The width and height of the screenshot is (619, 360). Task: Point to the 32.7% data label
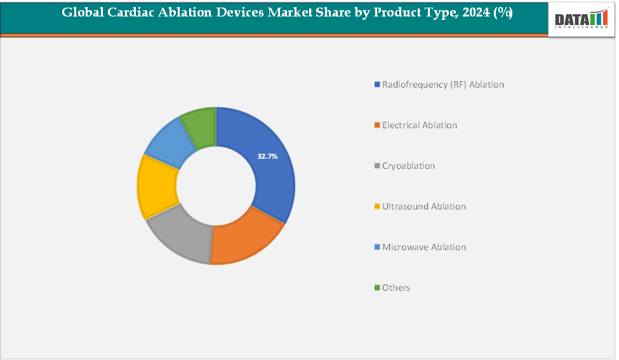(x=267, y=156)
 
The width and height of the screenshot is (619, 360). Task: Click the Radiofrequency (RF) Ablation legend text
(x=443, y=84)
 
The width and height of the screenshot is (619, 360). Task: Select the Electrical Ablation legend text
(x=419, y=125)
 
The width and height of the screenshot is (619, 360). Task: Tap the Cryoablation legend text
(x=408, y=166)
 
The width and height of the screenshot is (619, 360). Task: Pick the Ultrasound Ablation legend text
(x=423, y=206)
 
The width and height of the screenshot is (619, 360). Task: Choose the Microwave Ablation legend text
(x=423, y=247)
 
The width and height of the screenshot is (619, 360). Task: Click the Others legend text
(x=396, y=288)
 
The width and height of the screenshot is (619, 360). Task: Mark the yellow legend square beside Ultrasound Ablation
(x=377, y=206)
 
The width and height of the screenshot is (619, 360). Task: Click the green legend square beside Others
(x=377, y=288)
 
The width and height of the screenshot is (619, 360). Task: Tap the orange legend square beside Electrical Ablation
(x=377, y=125)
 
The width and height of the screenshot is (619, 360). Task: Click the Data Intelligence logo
(x=581, y=19)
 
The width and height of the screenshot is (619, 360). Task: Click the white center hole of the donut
(x=216, y=185)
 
